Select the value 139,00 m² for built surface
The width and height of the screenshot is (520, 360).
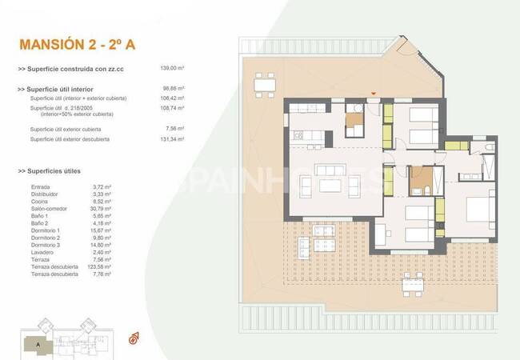(173, 70)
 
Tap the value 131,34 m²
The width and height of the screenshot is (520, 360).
(173, 139)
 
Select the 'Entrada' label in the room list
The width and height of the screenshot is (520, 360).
(40, 186)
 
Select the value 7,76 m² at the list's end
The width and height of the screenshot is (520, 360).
(104, 274)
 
